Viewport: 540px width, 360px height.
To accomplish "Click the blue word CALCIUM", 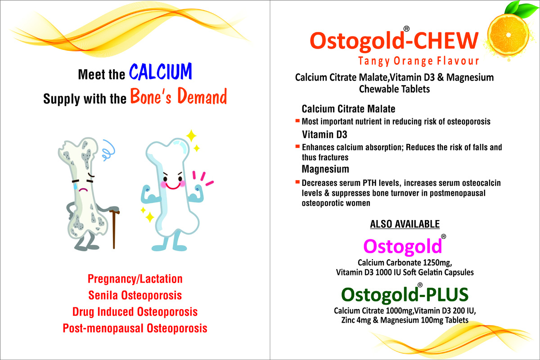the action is (x=161, y=72).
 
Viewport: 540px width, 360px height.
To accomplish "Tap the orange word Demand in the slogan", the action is (x=202, y=96).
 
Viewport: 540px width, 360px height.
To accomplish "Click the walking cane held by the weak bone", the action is (x=114, y=226).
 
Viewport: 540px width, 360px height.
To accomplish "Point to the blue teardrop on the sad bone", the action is (x=76, y=186).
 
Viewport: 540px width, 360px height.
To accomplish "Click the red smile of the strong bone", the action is (x=173, y=186).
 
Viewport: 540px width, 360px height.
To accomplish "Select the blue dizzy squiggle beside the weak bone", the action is (x=108, y=150).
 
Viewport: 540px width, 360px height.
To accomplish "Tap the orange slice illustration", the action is (x=508, y=35).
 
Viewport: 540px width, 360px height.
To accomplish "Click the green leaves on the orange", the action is (x=521, y=9).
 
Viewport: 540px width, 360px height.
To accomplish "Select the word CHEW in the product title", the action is (x=446, y=40).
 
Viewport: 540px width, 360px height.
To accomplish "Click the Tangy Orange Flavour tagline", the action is (x=418, y=61).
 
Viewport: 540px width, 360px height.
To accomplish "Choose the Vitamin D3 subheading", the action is (x=324, y=134).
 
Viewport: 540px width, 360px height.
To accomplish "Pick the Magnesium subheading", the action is (x=325, y=169).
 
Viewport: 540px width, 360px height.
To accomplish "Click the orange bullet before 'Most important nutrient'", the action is (x=297, y=121).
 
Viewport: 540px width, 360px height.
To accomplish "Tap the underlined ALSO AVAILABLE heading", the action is (x=405, y=224).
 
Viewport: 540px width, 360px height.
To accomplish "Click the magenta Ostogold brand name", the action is (x=403, y=246).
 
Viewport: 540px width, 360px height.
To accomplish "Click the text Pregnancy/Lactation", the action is (x=135, y=279).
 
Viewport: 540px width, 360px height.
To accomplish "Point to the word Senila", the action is (x=103, y=295).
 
